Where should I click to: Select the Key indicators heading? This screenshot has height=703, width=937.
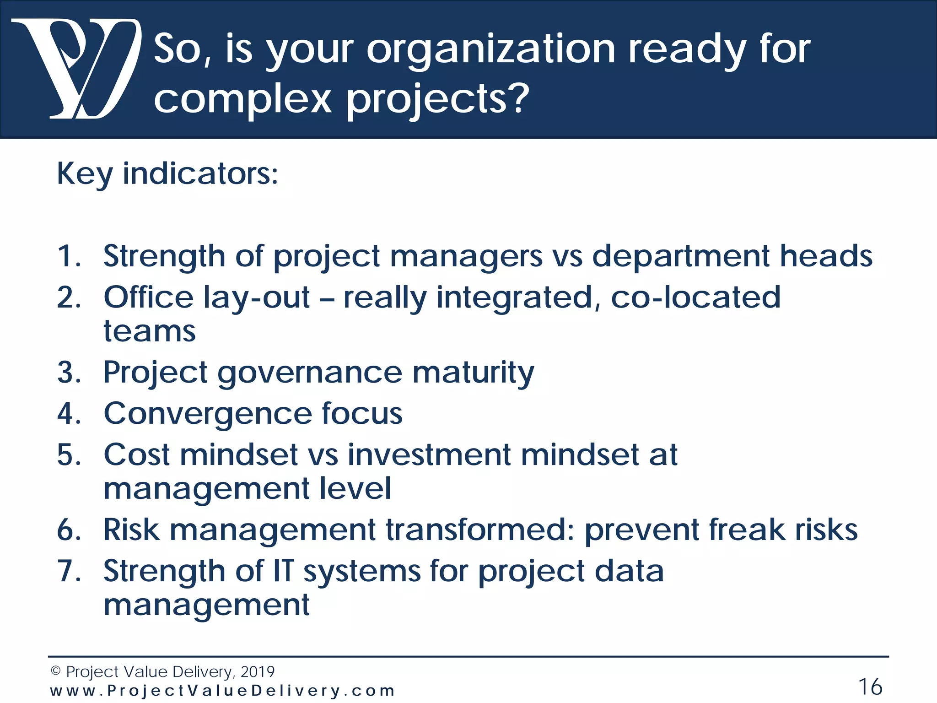pos(167,174)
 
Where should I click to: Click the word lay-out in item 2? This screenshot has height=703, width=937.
pos(257,297)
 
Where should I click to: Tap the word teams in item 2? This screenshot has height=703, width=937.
pos(149,331)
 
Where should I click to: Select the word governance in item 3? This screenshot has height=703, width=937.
pos(310,372)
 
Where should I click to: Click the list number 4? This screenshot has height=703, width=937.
pos(69,414)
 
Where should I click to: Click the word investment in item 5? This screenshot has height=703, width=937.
pos(429,455)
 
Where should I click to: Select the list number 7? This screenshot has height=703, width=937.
pos(69,571)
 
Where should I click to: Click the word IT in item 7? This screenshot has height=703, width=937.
pos(283,571)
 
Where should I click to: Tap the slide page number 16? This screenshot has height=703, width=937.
pos(870,687)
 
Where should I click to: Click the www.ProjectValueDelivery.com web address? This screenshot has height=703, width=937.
pos(222,691)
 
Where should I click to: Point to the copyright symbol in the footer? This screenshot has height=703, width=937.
pos(55,671)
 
